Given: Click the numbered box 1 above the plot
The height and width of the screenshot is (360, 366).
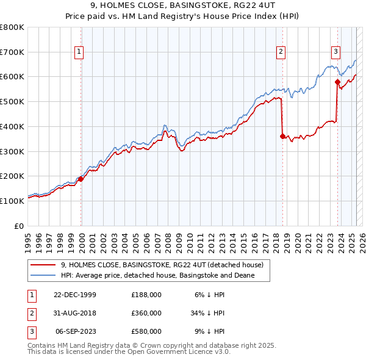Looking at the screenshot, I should pyautogui.click(x=79, y=52).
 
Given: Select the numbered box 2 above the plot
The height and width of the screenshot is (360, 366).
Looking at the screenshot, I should pyautogui.click(x=281, y=52).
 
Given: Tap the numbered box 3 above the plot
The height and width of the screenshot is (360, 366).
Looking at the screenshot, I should pyautogui.click(x=335, y=52).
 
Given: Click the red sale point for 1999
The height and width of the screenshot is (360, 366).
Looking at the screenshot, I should pyautogui.click(x=81, y=179).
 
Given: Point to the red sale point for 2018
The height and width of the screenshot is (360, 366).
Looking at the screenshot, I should pyautogui.click(x=282, y=136).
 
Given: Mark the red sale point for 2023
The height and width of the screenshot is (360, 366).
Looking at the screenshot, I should pyautogui.click(x=337, y=81).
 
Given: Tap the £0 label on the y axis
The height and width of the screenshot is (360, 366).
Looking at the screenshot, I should pyautogui.click(x=20, y=226).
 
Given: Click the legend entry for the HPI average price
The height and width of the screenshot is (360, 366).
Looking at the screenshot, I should pyautogui.click(x=157, y=276).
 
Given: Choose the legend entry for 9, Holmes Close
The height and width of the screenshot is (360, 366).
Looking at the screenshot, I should pyautogui.click(x=162, y=265).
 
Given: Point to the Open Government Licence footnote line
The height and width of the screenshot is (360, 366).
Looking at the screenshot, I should pyautogui.click(x=129, y=352).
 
